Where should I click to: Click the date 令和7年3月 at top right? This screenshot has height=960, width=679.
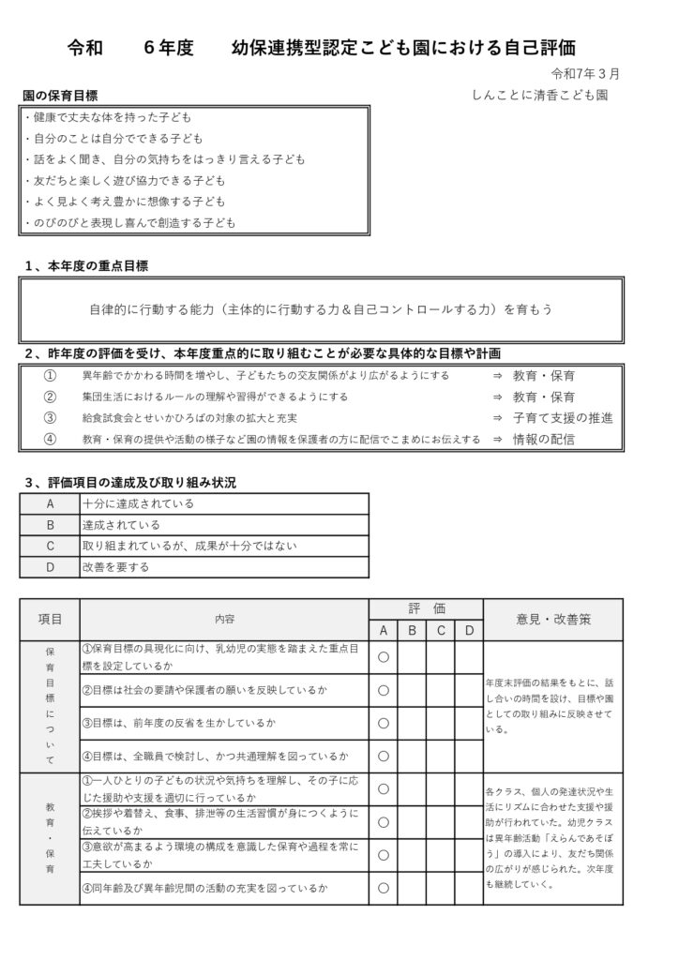585,73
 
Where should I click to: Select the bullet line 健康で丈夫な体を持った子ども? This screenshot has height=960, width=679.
110,117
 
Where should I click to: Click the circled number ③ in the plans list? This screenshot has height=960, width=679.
51,417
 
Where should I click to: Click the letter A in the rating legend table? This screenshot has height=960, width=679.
51,503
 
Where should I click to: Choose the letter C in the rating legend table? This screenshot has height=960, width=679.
51,546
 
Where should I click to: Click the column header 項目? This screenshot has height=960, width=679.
51,619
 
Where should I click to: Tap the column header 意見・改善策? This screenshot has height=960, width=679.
552,619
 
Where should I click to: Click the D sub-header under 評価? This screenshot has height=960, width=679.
469,630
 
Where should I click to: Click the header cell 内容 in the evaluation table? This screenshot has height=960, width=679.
224,619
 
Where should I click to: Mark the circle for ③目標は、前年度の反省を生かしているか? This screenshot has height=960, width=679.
383,723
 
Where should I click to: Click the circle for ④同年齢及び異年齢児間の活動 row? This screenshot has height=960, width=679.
383,887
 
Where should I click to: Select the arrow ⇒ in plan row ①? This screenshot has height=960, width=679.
497,375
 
